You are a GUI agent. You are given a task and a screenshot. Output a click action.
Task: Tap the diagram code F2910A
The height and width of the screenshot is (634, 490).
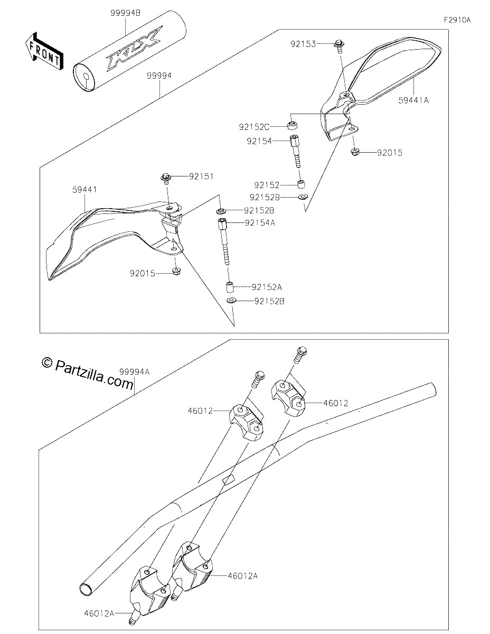pyautogui.click(x=457, y=20)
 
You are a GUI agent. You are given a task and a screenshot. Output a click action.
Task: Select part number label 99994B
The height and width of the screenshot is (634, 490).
pyautogui.click(x=125, y=13)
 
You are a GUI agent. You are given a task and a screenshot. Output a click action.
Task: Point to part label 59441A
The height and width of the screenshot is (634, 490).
pyautogui.click(x=413, y=100)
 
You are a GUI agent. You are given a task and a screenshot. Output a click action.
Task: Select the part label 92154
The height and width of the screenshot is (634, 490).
pyautogui.click(x=259, y=141)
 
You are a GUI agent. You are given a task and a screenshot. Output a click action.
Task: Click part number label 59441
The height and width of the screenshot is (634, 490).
pyautogui.click(x=84, y=190)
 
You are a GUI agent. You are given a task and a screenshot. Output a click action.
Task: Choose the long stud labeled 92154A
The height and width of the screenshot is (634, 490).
pyautogui.click(x=223, y=241)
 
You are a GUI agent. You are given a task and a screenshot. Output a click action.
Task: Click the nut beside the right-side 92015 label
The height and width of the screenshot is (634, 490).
pyautogui.click(x=355, y=152)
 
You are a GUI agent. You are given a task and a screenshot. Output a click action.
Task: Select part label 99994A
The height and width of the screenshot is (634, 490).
pyautogui.click(x=134, y=372)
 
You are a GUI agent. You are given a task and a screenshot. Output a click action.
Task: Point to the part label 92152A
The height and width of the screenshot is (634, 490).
pyautogui.click(x=267, y=287)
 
